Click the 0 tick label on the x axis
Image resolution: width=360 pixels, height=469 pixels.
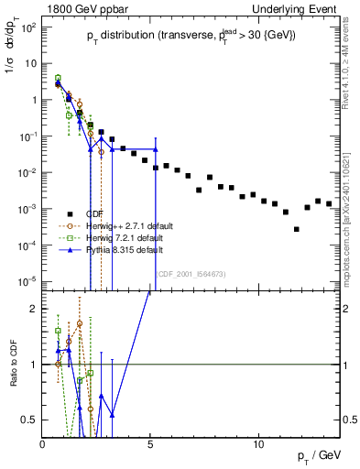43,442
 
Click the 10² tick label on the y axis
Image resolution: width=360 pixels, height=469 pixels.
28,27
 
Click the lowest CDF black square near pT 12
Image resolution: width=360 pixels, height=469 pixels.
296,229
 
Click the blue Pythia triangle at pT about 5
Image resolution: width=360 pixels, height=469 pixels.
156,149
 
